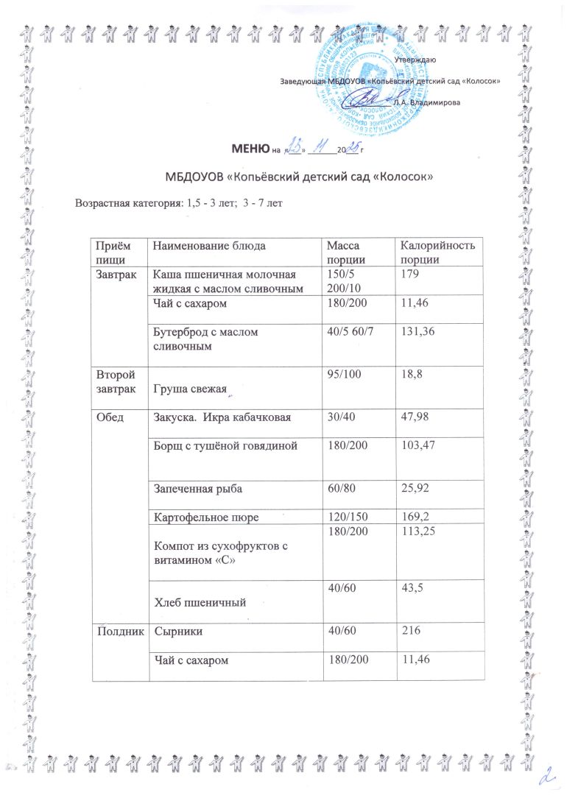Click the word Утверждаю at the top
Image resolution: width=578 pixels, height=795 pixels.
point(415,59)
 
